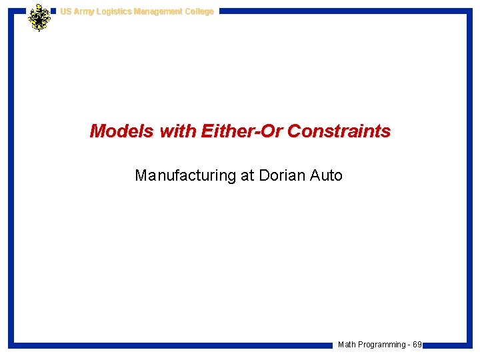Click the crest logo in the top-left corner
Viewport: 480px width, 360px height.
[x=39, y=17]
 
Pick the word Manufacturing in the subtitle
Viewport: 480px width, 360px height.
[x=185, y=175]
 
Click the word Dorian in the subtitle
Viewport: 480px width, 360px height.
[x=283, y=175]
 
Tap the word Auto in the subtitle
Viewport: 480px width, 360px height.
[x=327, y=175]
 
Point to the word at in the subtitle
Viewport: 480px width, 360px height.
[x=247, y=175]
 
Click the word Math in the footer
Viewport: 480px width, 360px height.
[x=347, y=345]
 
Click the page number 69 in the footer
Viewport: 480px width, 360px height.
[x=417, y=345]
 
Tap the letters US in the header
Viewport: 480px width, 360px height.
[x=65, y=11]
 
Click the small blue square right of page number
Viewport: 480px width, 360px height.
[x=425, y=345]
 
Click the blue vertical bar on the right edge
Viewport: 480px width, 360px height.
[x=469, y=180]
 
